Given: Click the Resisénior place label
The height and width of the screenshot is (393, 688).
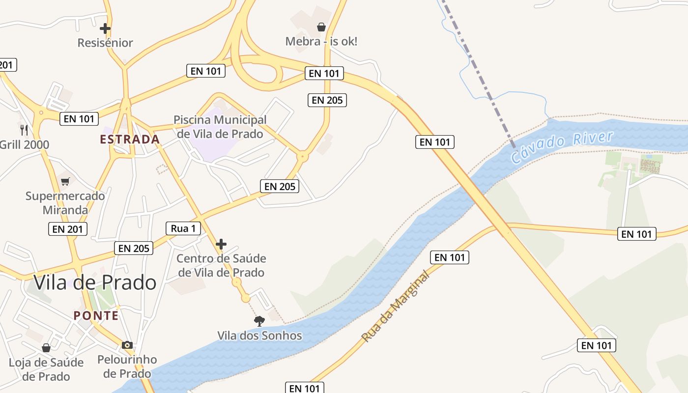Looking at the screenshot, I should click(x=105, y=43).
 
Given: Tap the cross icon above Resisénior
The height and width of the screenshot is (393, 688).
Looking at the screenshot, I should click(x=105, y=28).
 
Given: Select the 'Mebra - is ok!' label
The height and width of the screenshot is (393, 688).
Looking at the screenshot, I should click(x=321, y=41).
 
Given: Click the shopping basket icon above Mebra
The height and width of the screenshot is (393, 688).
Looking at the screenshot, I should click(x=321, y=27).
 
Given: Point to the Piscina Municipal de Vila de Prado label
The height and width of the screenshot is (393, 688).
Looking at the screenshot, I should click(x=220, y=127).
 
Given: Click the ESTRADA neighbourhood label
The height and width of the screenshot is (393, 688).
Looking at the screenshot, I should click(x=130, y=140).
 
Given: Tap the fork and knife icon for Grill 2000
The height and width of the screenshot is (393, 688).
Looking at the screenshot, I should click(x=24, y=130).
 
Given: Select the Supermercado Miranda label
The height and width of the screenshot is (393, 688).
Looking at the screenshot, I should click(x=65, y=203).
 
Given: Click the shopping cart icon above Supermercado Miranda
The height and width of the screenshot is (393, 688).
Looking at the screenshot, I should click(x=65, y=181).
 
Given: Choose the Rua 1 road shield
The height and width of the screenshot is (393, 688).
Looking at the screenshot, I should click(x=183, y=228).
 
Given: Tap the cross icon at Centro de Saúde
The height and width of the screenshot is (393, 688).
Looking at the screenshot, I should click(x=221, y=244).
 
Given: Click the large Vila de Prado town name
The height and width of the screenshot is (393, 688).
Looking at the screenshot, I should click(x=95, y=282).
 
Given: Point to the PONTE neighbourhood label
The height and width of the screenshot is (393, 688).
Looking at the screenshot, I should click(x=96, y=315).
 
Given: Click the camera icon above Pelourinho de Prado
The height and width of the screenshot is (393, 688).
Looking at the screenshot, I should click(x=127, y=345).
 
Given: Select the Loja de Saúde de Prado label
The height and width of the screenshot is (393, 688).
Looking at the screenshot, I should click(x=46, y=369).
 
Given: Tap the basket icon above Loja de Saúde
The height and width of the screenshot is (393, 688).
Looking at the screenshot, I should click(x=46, y=348).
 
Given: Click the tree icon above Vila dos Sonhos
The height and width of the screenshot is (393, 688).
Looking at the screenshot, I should click(x=259, y=321).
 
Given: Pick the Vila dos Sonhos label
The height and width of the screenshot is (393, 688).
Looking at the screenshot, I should click(x=259, y=336).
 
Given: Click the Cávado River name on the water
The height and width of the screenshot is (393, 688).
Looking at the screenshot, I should click(x=562, y=147).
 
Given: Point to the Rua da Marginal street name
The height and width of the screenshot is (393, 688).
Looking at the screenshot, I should click(x=396, y=307).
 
